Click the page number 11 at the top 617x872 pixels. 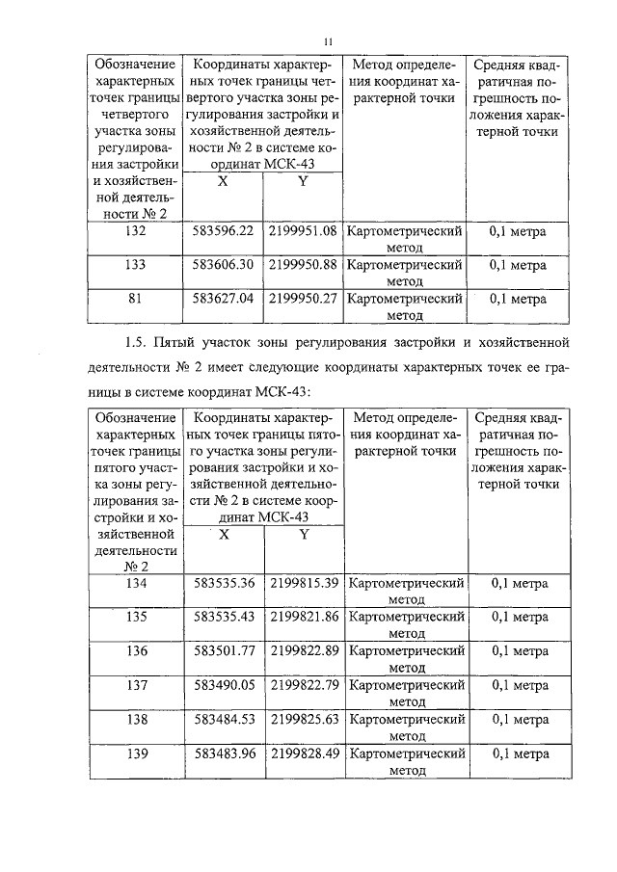pos(328,40)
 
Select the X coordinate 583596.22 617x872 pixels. pos(224,231)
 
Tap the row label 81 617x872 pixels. pos(136,299)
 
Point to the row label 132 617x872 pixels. pos(136,231)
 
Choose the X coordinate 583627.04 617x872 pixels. pos(224,299)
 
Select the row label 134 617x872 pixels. pos(136,583)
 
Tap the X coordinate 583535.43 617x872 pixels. pos(224,617)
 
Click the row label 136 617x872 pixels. pos(136,650)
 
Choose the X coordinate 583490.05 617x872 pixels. pos(224,685)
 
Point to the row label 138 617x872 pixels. pos(136,719)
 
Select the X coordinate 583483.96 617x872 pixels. pos(224,753)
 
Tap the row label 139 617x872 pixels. pos(136,753)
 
